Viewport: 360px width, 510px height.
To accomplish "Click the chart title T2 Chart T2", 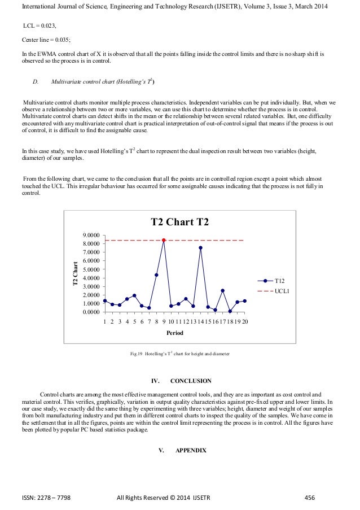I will (179, 222).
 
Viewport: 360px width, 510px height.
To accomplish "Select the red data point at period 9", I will (164, 240).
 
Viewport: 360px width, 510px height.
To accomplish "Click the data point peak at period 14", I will (200, 248).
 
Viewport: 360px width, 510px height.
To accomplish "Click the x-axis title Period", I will (175, 333).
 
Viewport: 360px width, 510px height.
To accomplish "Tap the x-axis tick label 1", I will (105, 321).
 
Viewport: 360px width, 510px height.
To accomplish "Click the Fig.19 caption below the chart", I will (179, 354).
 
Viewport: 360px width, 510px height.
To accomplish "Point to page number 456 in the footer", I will (309, 498).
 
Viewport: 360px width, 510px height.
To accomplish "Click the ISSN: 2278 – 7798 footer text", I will (49, 498).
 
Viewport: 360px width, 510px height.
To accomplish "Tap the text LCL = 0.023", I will (39, 26).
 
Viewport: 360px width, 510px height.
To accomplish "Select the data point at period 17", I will (222, 290).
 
